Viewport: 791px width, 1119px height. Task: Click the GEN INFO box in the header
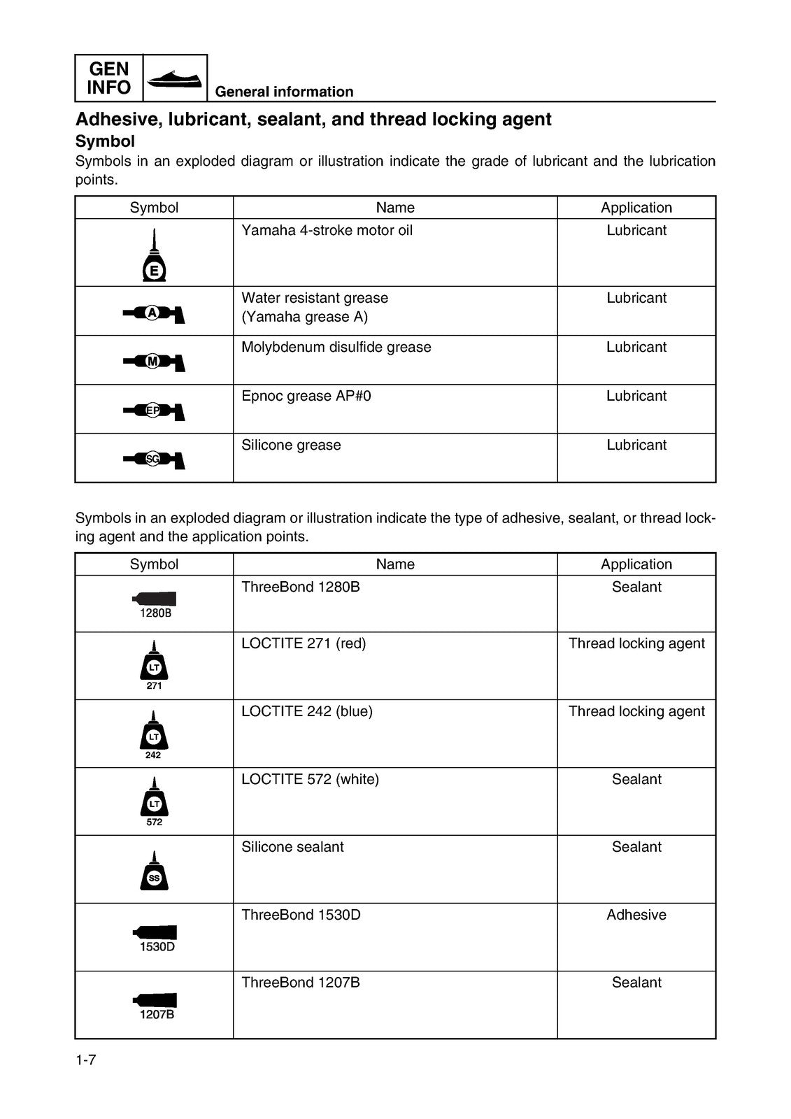pos(108,78)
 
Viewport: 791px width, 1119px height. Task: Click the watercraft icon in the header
pos(176,78)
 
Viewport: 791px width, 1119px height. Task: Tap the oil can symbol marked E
pos(154,257)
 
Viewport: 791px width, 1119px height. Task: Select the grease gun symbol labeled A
pos(154,313)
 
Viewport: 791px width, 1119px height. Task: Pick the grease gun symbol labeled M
pos(154,362)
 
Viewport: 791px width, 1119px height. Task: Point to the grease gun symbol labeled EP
pos(154,411)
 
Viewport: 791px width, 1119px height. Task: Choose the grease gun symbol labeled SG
pos(154,459)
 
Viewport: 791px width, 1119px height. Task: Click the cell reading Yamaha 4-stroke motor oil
pos(327,231)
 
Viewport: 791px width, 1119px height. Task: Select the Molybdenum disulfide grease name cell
pos(336,348)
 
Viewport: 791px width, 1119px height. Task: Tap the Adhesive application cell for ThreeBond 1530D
pos(636,915)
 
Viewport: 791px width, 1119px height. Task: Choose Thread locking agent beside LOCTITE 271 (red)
pos(636,643)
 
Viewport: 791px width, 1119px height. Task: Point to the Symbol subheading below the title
pos(105,141)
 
